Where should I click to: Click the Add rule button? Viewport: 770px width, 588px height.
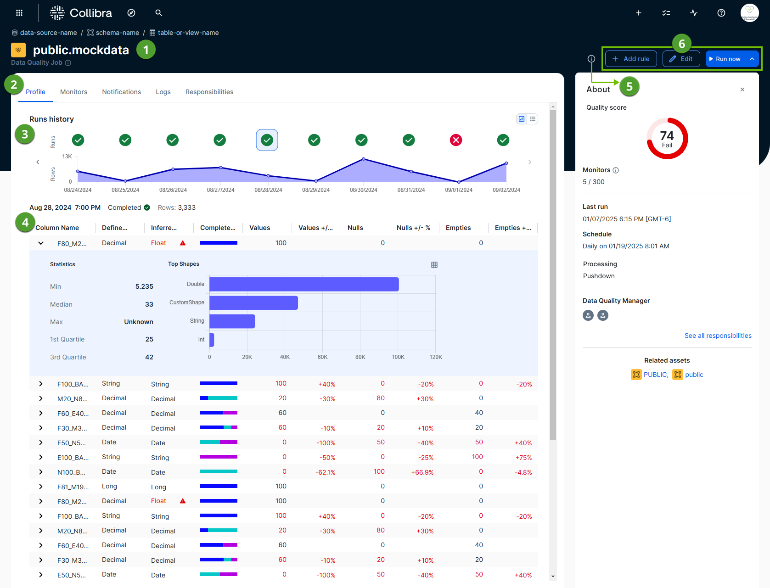point(631,59)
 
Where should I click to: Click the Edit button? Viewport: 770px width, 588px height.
point(681,59)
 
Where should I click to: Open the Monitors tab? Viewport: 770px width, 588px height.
point(73,92)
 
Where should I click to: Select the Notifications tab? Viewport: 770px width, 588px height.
point(121,92)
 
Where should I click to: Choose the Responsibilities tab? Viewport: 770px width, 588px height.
point(209,92)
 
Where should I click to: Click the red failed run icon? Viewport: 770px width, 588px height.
point(456,140)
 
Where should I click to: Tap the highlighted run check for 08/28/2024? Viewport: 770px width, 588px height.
point(267,140)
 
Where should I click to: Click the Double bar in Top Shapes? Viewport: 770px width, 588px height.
point(304,284)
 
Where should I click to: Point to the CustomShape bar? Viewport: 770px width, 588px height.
point(253,303)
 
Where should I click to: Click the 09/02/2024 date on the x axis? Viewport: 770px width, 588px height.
point(506,190)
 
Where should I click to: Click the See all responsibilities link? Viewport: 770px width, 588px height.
point(718,336)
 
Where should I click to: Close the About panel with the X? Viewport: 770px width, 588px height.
point(742,90)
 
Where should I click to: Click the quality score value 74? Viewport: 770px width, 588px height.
point(667,136)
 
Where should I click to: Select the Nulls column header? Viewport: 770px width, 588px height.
point(355,228)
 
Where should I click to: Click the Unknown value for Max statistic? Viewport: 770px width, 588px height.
point(139,322)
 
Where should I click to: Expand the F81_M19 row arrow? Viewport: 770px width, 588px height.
point(41,487)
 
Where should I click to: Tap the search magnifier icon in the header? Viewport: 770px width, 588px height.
point(159,13)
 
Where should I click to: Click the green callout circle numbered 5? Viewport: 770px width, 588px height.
point(629,86)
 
